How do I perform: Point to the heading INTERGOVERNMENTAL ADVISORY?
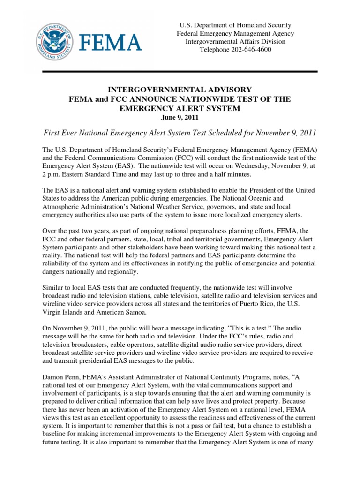(x=180, y=90)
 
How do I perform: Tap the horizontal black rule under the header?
(x=180, y=71)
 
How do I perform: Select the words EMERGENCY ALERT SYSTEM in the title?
(x=180, y=108)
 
